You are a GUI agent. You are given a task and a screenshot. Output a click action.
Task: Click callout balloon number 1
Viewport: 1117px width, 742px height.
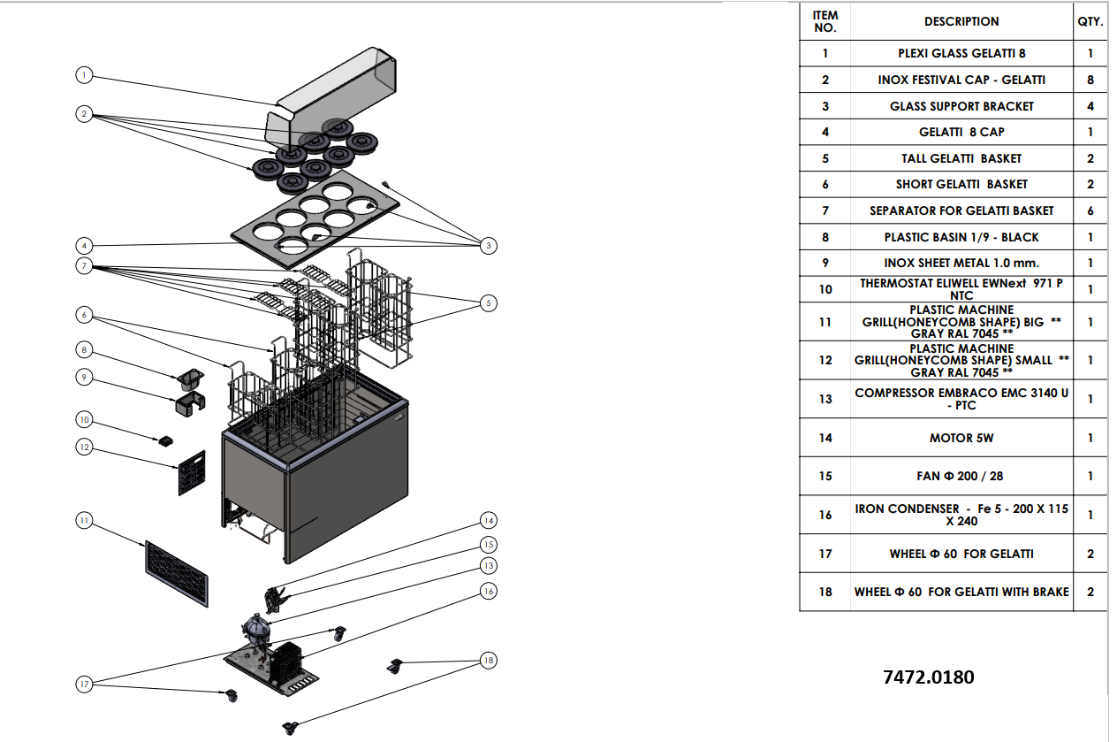tap(83, 75)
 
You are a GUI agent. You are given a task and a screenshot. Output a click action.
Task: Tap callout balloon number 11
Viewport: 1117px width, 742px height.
tap(83, 521)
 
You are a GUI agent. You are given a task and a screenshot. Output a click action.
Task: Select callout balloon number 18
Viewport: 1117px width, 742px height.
tap(489, 660)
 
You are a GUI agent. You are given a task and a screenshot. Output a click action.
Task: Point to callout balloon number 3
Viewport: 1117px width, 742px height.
tap(489, 245)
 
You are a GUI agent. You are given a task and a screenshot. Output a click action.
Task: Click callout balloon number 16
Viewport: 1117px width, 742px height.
tap(489, 590)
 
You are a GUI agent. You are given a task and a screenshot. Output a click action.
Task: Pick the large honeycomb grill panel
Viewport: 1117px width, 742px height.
tap(177, 574)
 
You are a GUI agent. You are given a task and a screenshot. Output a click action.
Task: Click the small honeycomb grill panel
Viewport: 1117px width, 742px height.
tap(192, 473)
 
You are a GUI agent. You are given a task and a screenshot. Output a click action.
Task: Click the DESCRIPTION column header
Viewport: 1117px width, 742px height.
tap(961, 21)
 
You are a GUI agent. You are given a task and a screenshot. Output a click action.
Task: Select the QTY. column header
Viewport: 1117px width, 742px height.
tap(1090, 21)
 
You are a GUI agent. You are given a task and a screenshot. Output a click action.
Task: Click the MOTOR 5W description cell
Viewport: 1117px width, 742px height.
tap(961, 438)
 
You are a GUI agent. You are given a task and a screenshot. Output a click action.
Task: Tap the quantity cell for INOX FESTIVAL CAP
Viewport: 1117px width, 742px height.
tap(1090, 80)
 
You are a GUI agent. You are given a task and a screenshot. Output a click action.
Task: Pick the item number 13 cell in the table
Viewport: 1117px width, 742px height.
tap(824, 399)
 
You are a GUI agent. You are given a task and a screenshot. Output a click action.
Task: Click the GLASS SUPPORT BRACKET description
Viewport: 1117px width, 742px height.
tap(961, 106)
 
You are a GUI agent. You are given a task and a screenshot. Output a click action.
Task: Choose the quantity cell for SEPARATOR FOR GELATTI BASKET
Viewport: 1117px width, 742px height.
tap(1090, 210)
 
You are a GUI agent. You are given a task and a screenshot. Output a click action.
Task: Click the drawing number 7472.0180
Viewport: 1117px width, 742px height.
tap(928, 677)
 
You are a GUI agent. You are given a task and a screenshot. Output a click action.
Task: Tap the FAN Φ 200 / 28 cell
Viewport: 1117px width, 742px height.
tap(961, 476)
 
